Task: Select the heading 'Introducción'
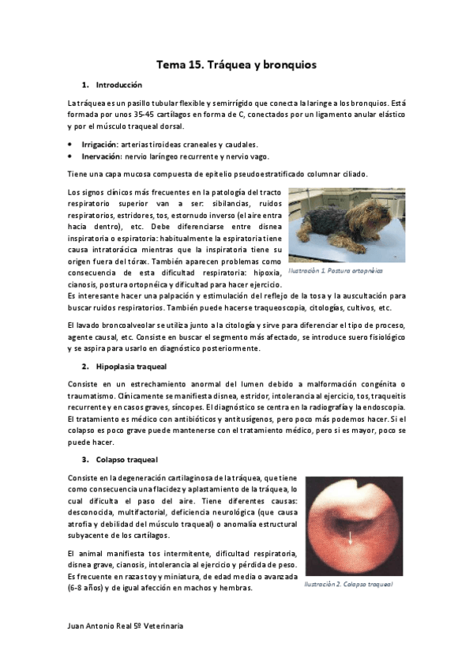coord(118,85)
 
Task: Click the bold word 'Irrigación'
coord(99,145)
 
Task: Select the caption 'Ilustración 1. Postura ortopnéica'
coord(335,270)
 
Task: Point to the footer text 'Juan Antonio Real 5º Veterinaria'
coord(126,625)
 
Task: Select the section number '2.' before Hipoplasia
coord(85,367)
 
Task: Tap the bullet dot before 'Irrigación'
coord(71,145)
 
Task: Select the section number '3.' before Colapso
coord(85,459)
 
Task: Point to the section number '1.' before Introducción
coord(85,85)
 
